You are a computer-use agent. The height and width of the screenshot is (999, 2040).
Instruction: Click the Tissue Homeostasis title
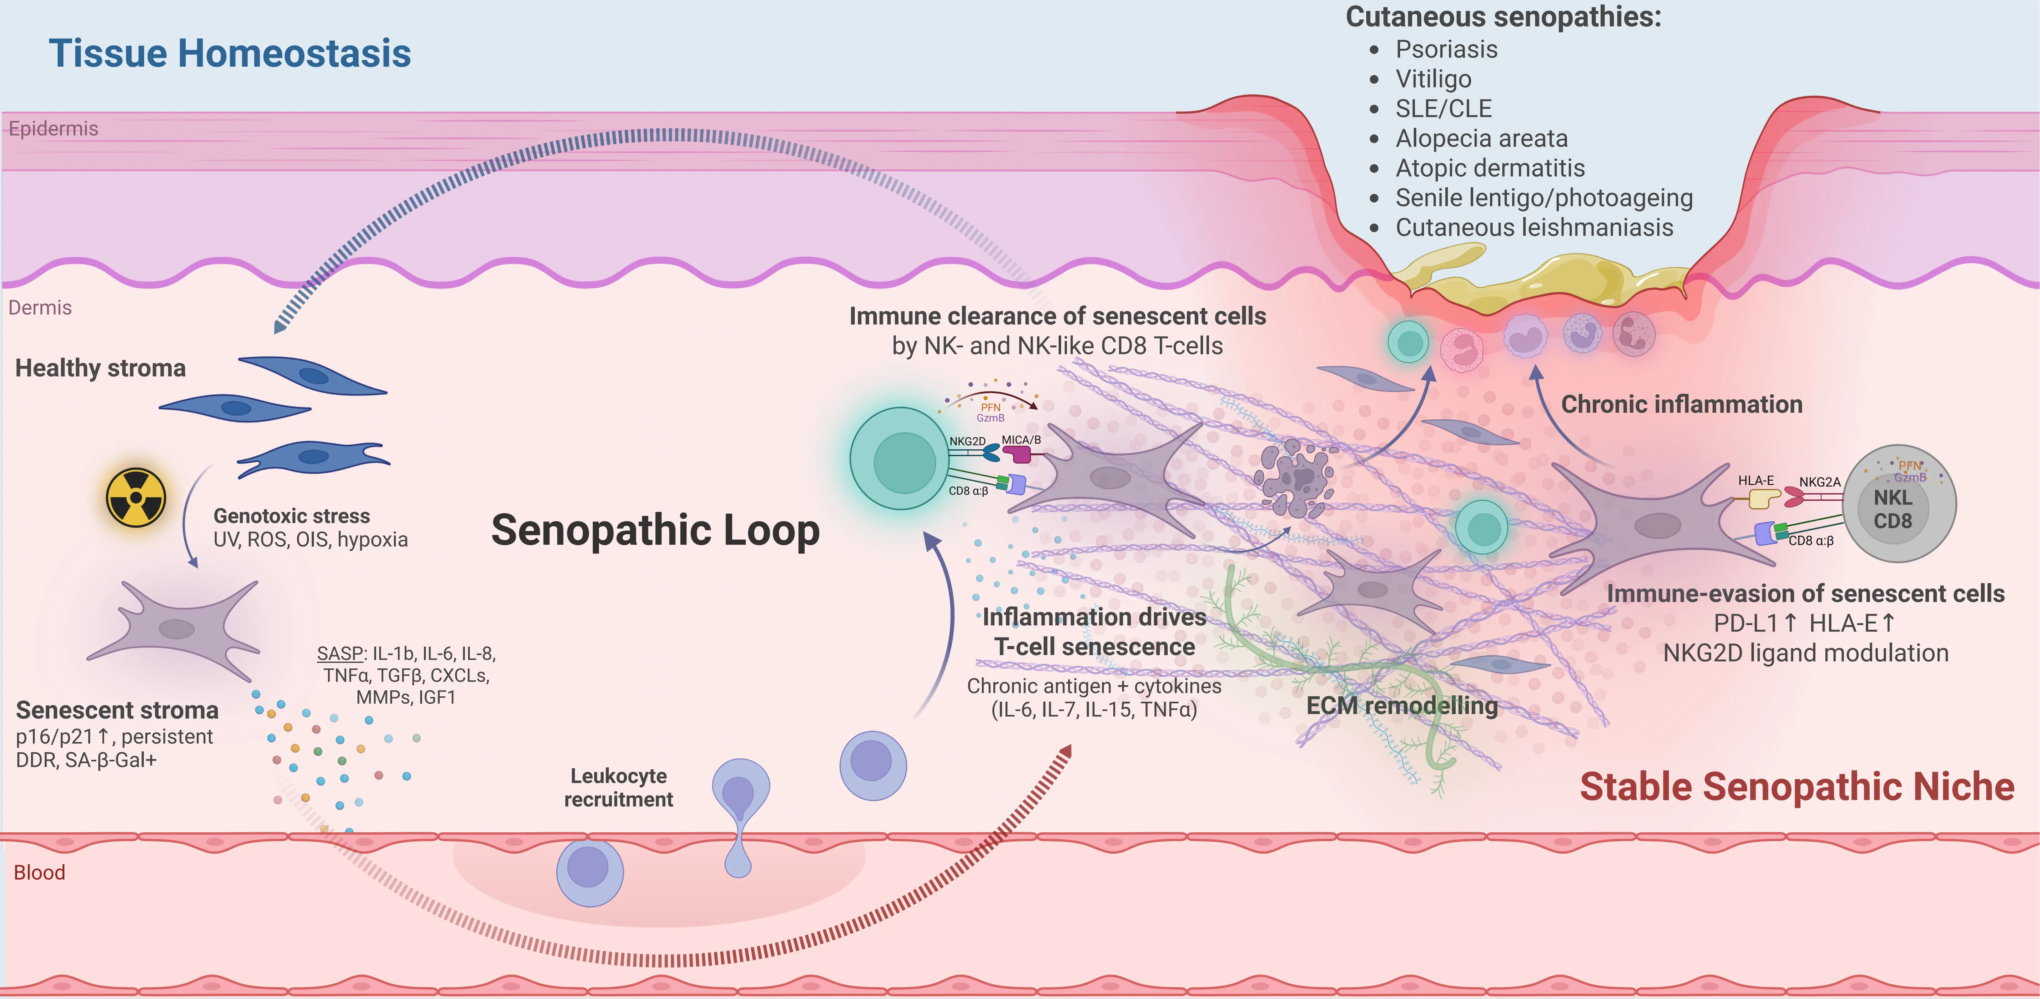pos(230,54)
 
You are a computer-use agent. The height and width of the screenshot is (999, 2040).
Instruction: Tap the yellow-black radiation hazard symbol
pos(136,497)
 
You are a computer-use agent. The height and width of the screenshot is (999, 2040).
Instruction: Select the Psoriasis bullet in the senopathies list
pos(1446,49)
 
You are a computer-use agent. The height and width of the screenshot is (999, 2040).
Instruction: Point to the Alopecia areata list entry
pos(1481,139)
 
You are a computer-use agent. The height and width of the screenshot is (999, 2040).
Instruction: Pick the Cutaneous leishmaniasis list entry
pos(1534,227)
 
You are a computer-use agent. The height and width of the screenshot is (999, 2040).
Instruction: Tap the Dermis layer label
pos(40,307)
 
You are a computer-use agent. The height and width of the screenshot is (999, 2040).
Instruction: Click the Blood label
pos(40,872)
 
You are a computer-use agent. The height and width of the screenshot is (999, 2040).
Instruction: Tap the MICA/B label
pos(1021,440)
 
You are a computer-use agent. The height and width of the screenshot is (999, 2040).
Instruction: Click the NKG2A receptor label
pos(1819,482)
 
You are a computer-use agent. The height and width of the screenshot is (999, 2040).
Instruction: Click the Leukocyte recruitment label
pos(618,788)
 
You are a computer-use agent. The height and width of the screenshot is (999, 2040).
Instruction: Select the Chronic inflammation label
pos(1681,404)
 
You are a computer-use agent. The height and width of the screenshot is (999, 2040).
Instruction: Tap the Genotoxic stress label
pos(291,516)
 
